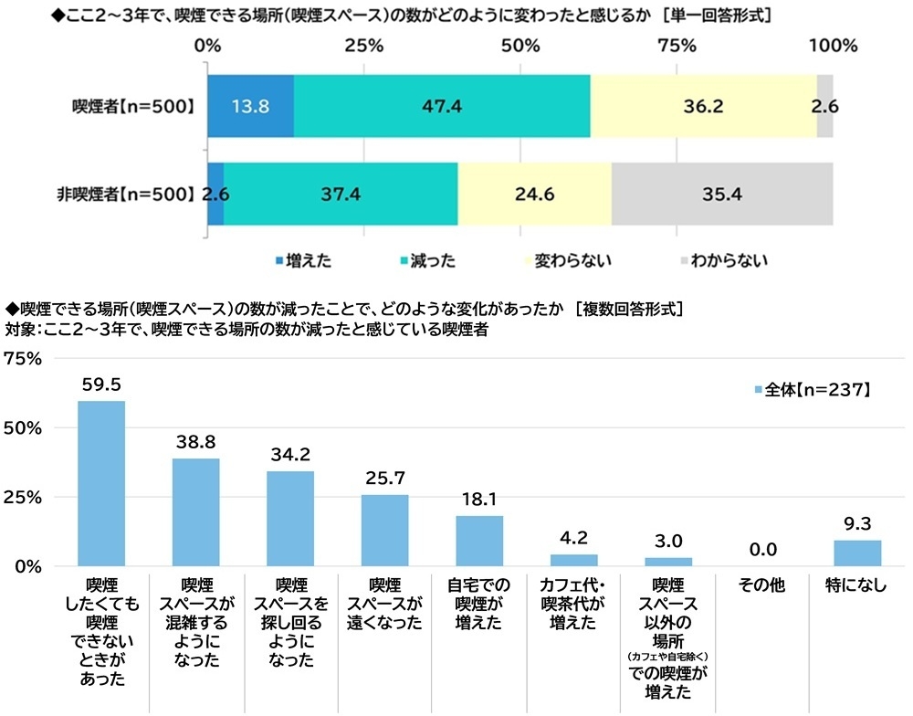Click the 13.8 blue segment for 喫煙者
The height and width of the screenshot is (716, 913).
click(x=251, y=106)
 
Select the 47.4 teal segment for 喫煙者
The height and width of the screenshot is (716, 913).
click(x=442, y=106)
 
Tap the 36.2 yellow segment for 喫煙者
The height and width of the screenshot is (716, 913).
click(x=703, y=106)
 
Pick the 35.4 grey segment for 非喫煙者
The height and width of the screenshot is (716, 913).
click(x=722, y=194)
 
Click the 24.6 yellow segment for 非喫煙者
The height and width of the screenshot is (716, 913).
click(x=534, y=194)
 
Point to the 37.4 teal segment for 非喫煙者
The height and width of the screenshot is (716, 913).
click(x=341, y=194)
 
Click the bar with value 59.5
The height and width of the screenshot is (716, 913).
click(x=101, y=483)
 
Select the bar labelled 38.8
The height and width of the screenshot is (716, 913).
click(x=196, y=512)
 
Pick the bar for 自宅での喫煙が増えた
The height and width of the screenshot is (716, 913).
click(x=479, y=541)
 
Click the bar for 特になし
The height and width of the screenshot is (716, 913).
click(x=857, y=553)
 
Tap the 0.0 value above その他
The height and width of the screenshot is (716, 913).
click(x=762, y=549)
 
